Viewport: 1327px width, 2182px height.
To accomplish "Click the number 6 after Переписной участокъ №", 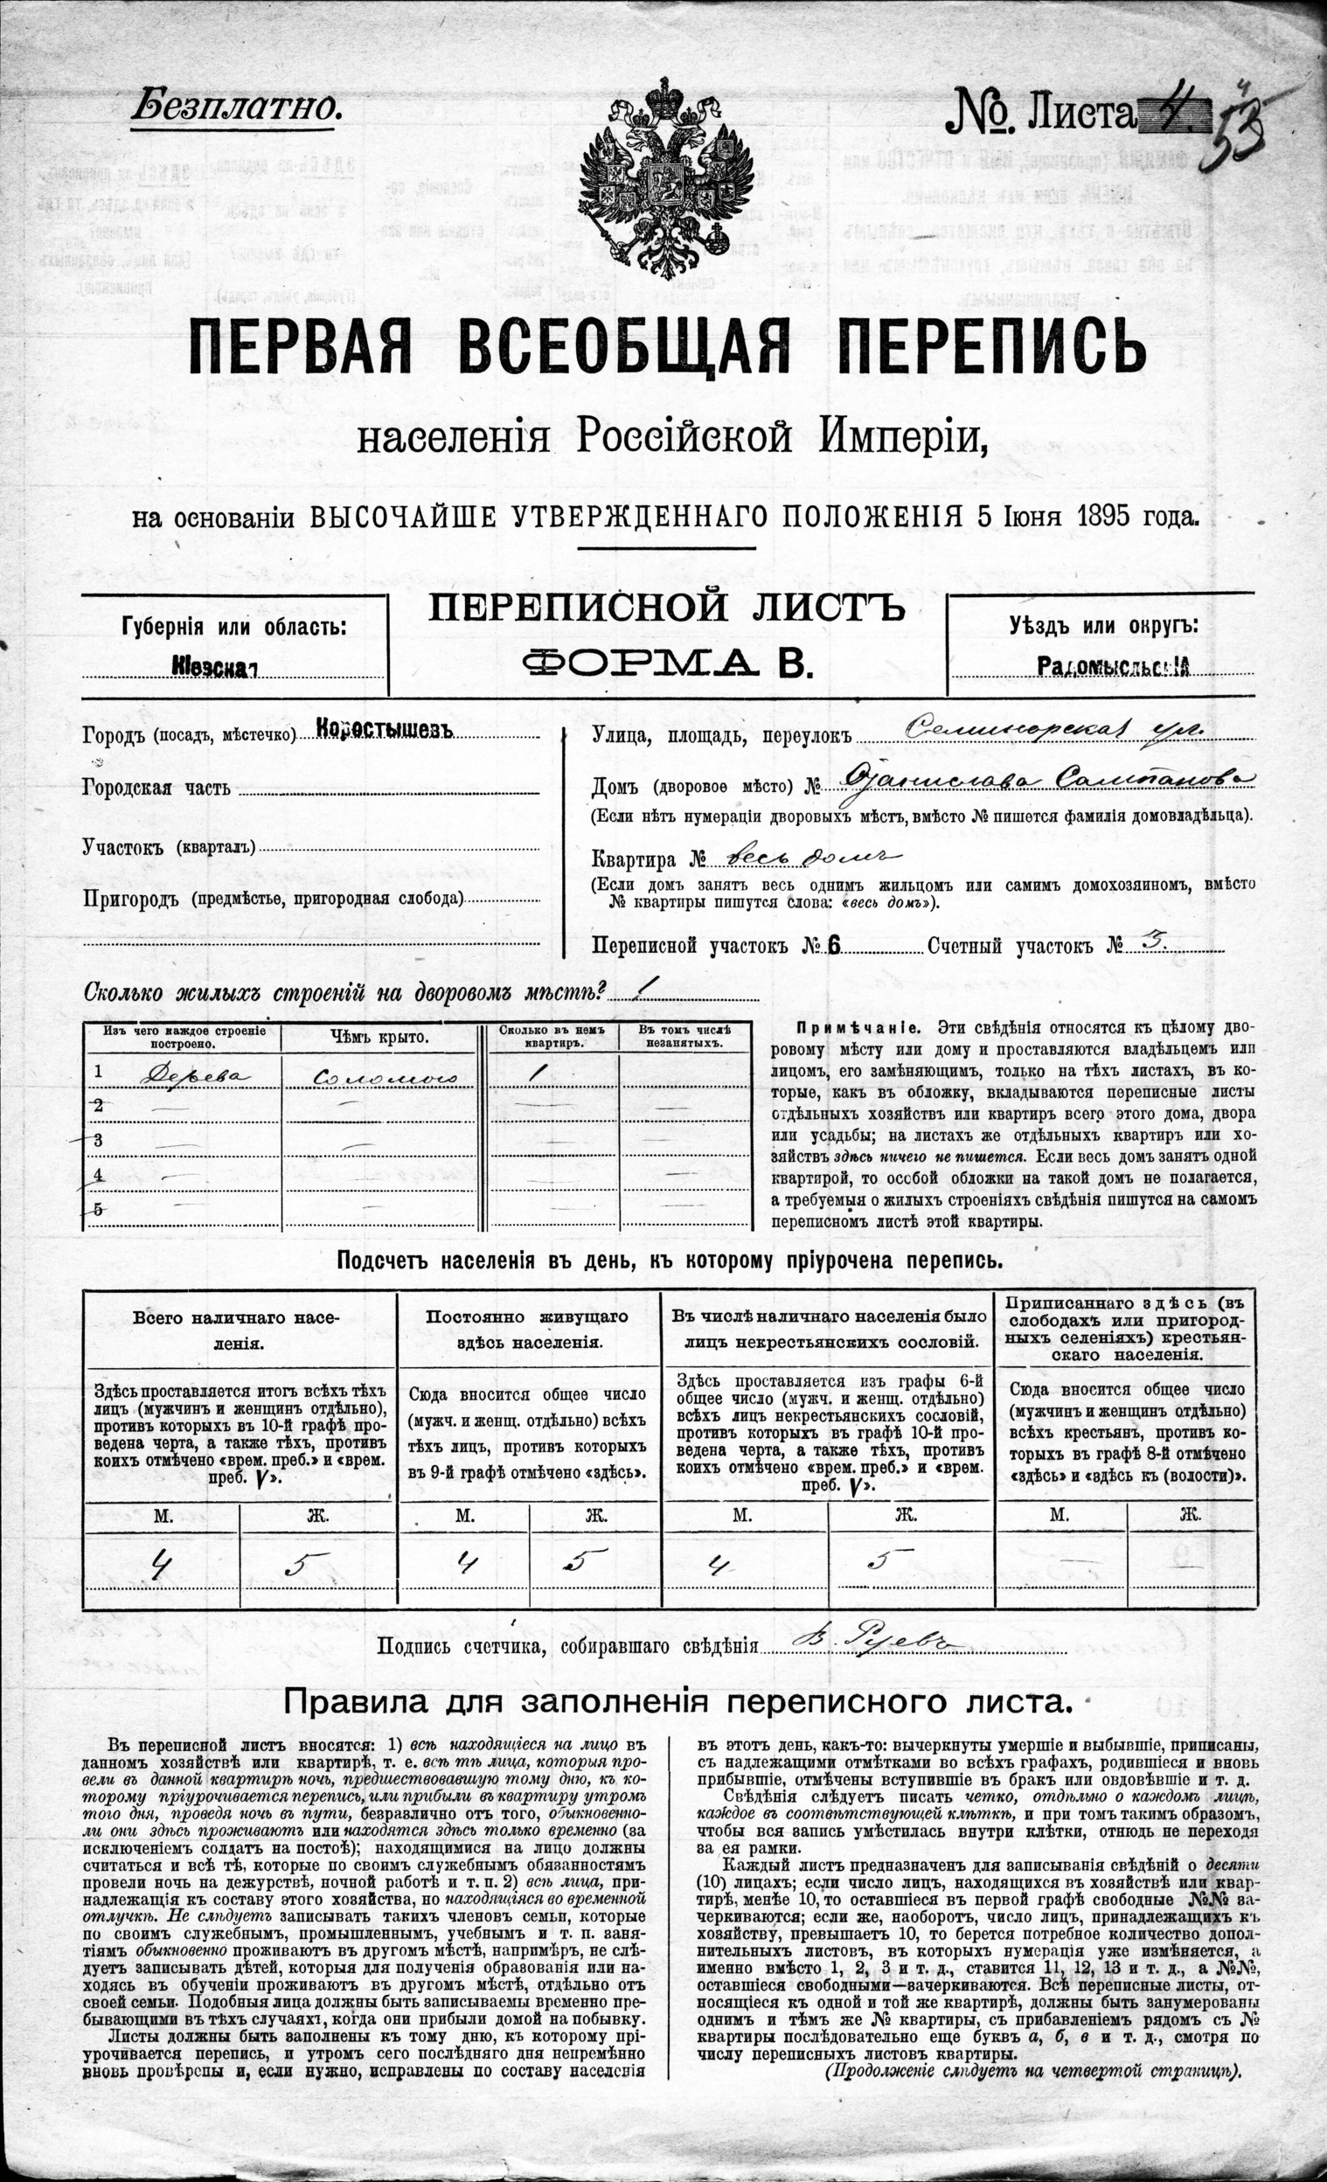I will click(833, 946).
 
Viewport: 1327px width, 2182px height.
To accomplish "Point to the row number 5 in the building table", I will click(99, 1210).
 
